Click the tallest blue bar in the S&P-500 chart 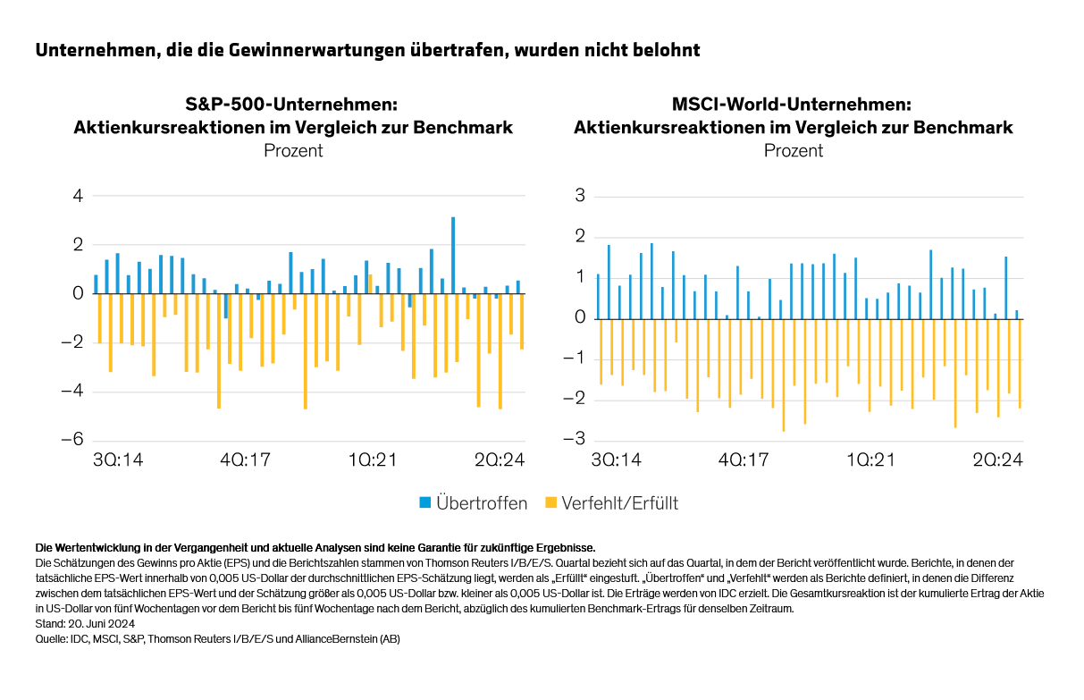coord(453,255)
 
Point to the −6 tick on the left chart coord(71,440)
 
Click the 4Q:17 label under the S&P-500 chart coord(246,460)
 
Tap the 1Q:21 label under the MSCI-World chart coord(870,460)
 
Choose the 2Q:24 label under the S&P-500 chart coord(499,460)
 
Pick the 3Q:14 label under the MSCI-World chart coord(616,460)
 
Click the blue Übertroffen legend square coord(424,503)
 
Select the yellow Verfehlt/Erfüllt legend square coord(550,503)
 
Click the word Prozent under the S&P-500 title coord(293,150)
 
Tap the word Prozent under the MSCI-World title coord(794,150)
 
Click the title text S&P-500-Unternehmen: coord(293,105)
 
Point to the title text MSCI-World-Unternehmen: coord(793,105)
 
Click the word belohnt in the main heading coord(667,50)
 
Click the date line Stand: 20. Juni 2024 coord(83,624)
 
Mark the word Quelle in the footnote coord(51,639)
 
